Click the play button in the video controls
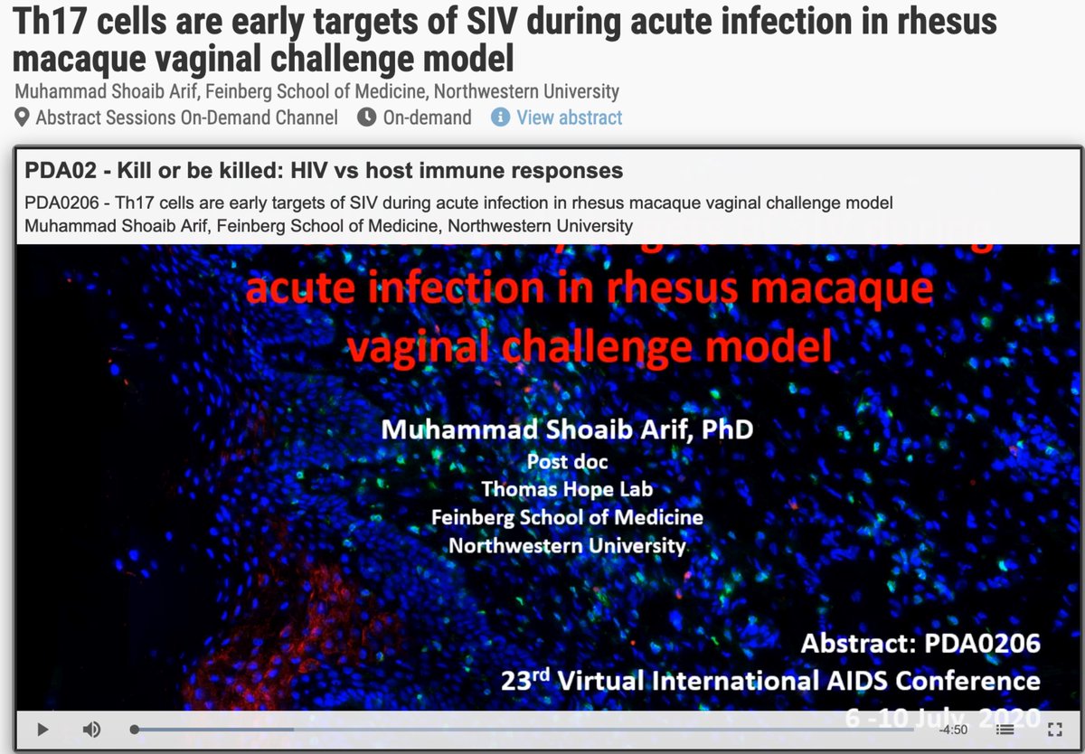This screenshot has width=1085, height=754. coord(42,729)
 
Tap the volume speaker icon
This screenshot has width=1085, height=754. coord(91,729)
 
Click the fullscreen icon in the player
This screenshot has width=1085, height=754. coord(1053,730)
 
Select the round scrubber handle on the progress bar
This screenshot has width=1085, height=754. coord(135,729)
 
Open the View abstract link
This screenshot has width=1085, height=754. coord(569,118)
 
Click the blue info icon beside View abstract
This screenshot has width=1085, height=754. coord(500,118)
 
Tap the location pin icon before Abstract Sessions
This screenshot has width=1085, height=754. coord(23,118)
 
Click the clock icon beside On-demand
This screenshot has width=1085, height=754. coord(366,118)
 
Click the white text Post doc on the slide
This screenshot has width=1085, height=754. coord(567,461)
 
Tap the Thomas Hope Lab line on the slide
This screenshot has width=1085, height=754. coord(567,489)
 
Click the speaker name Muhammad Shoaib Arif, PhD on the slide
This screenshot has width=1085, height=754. coord(567,429)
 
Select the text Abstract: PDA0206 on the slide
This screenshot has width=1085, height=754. coord(920,644)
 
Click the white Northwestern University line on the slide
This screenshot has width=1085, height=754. coord(567,546)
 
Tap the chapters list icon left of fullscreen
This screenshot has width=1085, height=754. coord(1005,730)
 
